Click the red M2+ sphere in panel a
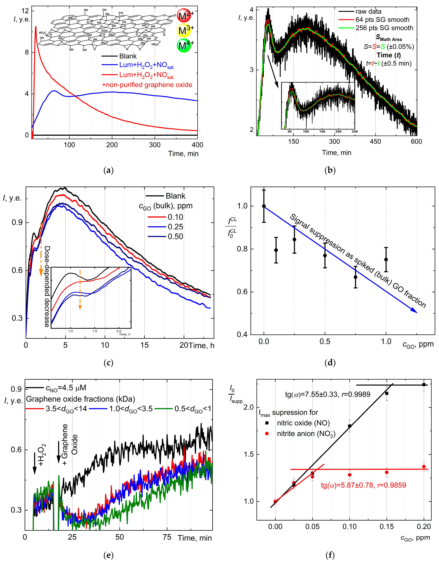point(184,15)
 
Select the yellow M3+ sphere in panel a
point(184,30)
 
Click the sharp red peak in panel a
point(36,27)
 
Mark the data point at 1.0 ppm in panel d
point(386,260)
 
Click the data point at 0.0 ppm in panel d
point(264,206)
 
